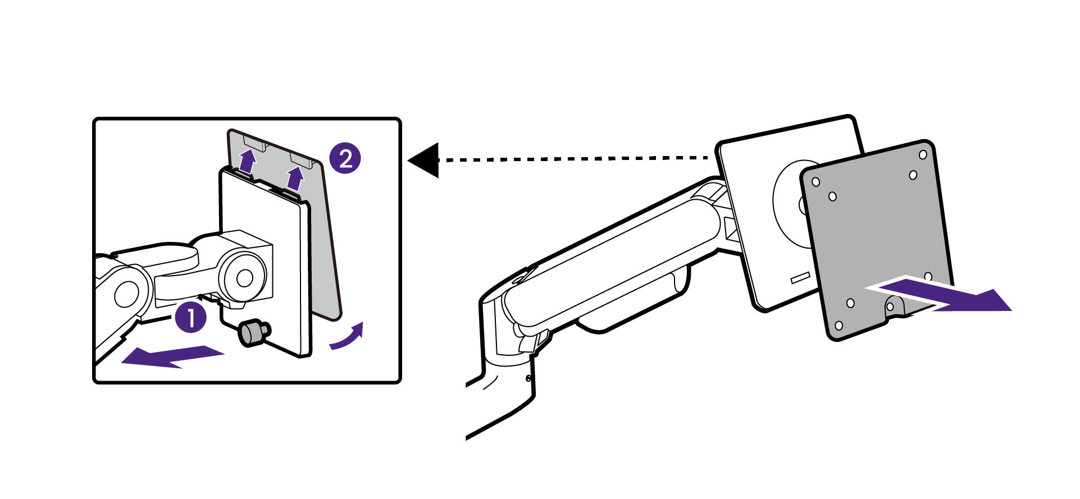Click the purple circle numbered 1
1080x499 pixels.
[x=191, y=318]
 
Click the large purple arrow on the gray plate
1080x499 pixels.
[x=944, y=296]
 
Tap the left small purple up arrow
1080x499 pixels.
[x=246, y=161]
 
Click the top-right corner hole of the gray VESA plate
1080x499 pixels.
[x=922, y=154]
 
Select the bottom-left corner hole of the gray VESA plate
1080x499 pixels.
[x=839, y=326]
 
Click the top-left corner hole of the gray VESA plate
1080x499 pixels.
[x=816, y=182]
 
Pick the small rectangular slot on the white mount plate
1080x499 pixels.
[x=800, y=278]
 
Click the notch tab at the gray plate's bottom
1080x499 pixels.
[x=892, y=306]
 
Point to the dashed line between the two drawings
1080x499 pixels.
[x=573, y=159]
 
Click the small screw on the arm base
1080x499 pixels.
[x=528, y=378]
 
